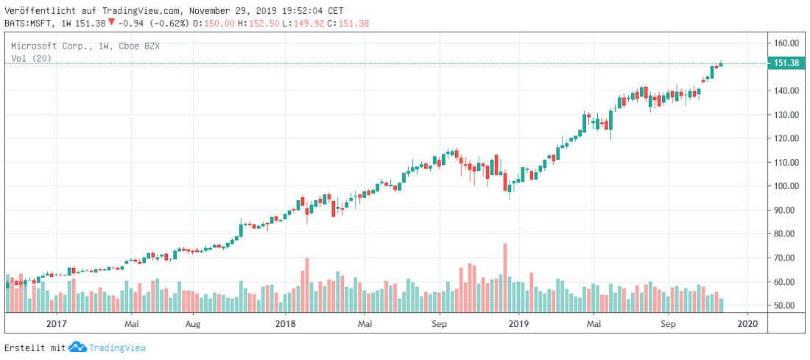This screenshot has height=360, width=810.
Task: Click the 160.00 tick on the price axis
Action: click(786, 43)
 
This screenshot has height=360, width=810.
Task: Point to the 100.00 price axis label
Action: click(786, 186)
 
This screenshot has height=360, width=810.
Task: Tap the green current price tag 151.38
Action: click(787, 64)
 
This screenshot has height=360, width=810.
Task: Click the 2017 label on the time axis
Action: click(57, 323)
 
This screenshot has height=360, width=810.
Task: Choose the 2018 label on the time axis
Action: click(285, 323)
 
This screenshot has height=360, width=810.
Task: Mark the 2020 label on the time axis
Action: click(747, 323)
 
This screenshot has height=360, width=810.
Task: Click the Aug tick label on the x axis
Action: click(192, 323)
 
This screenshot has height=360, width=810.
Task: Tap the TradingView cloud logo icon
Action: click(77, 347)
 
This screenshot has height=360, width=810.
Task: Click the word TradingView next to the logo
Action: click(117, 347)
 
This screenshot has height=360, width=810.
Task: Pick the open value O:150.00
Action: click(225, 24)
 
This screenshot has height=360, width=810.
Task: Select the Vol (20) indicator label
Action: click(31, 58)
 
